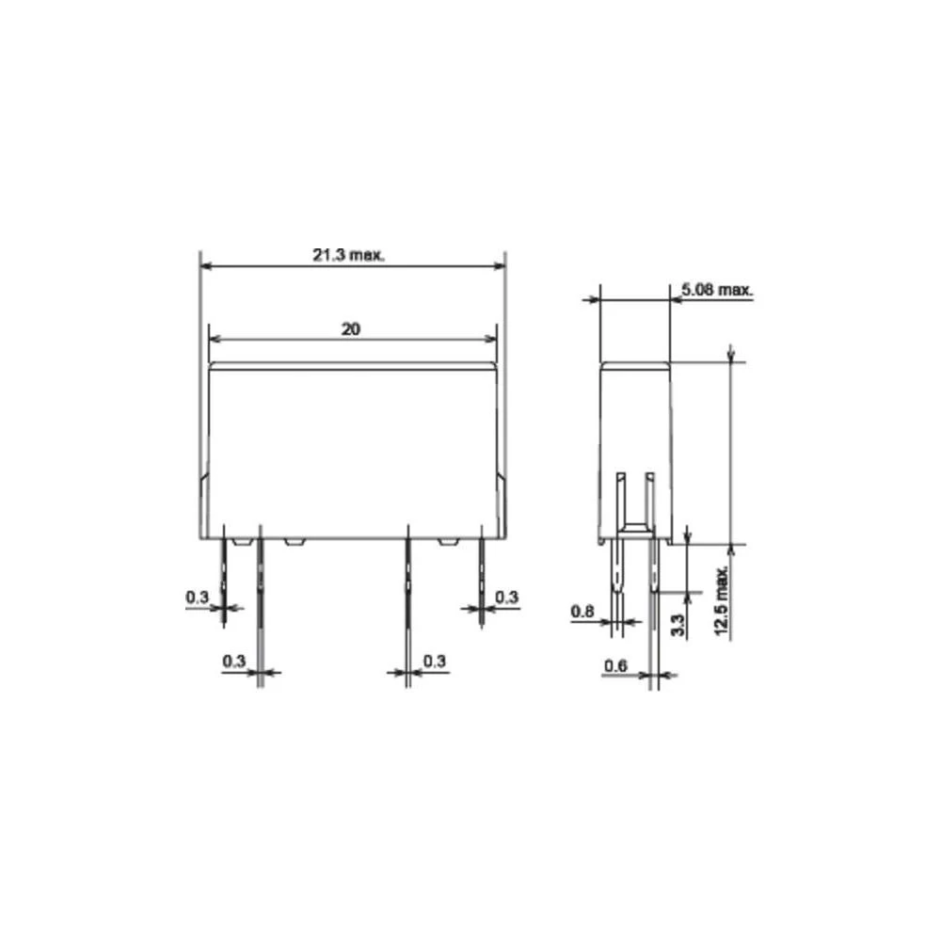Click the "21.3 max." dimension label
click(348, 255)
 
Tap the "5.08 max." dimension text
click(716, 290)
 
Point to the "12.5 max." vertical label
click(722, 600)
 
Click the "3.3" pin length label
click(677, 626)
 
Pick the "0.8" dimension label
click(582, 612)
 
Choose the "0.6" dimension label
click(615, 665)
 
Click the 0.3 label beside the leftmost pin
click(197, 598)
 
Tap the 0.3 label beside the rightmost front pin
click(506, 598)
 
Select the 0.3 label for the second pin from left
click(234, 661)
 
